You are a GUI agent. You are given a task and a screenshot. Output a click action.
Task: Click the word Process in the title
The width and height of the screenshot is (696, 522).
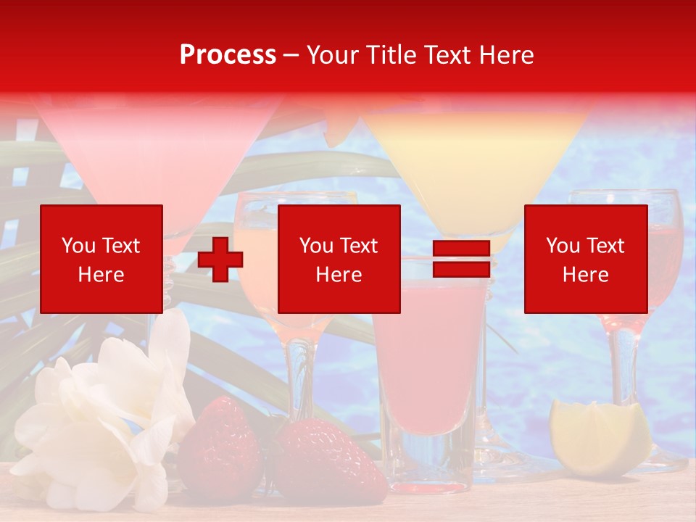coord(228,55)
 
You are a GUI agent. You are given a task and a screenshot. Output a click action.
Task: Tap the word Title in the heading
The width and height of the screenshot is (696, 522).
coord(391,55)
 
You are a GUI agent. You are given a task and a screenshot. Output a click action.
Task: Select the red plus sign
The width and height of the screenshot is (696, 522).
coord(220,260)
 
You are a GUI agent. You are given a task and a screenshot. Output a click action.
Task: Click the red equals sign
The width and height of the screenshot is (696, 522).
coord(461,260)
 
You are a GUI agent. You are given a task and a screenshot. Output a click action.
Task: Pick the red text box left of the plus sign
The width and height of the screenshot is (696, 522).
coord(101,259)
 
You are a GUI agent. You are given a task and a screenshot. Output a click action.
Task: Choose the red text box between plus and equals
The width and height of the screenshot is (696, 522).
coord(339,259)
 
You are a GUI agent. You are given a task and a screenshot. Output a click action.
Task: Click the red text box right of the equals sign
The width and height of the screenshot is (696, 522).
coord(585,259)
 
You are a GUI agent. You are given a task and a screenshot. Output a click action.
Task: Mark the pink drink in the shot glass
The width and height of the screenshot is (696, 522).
coord(429,362)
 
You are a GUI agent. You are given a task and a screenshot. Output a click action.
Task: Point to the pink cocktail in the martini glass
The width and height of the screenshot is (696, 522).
coord(159,167)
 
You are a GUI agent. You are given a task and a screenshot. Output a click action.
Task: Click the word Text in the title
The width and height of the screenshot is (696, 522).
coord(448,55)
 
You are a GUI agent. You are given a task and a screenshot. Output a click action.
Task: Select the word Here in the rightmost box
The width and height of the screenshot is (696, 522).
coord(585,275)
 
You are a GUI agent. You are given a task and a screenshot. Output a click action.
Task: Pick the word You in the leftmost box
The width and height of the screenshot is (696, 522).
coord(77,246)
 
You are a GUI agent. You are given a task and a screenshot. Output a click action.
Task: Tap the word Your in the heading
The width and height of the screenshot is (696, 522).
coord(333,55)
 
